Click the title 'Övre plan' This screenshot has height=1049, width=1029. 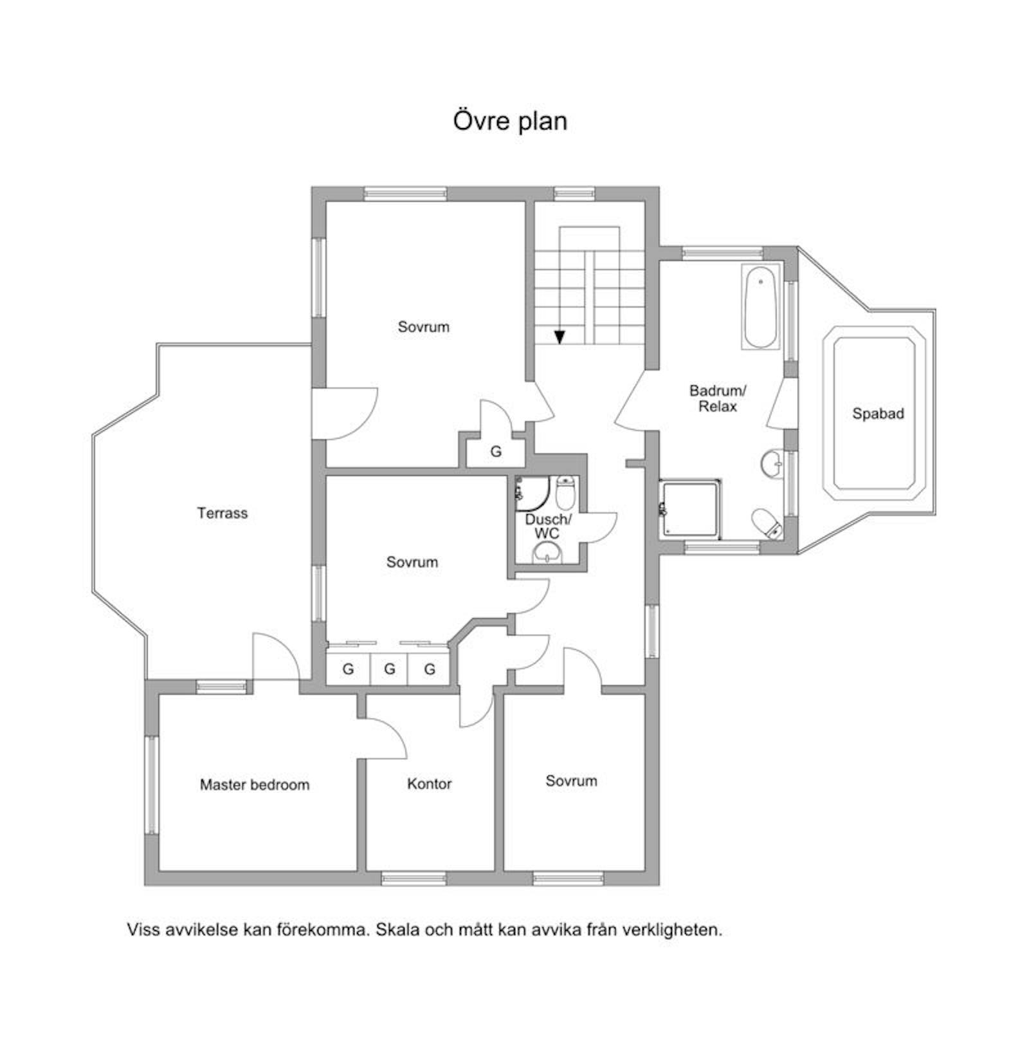coord(510,121)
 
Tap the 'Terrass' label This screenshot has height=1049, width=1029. coord(222,513)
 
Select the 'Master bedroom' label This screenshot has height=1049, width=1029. coord(255,784)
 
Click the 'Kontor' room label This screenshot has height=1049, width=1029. coord(429,784)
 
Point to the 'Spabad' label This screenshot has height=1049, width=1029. coord(878,414)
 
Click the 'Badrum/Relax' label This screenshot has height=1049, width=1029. coord(718,398)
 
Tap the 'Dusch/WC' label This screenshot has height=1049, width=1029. coord(547,526)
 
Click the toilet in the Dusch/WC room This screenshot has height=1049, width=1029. coord(565,492)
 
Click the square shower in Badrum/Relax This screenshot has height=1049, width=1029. coord(691,508)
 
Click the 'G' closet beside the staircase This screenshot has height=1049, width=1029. coord(496,452)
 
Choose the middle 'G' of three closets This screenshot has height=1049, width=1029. coord(389,669)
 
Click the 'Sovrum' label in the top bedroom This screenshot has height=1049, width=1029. coord(423,327)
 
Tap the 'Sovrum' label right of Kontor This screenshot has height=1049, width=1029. coord(571,781)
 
